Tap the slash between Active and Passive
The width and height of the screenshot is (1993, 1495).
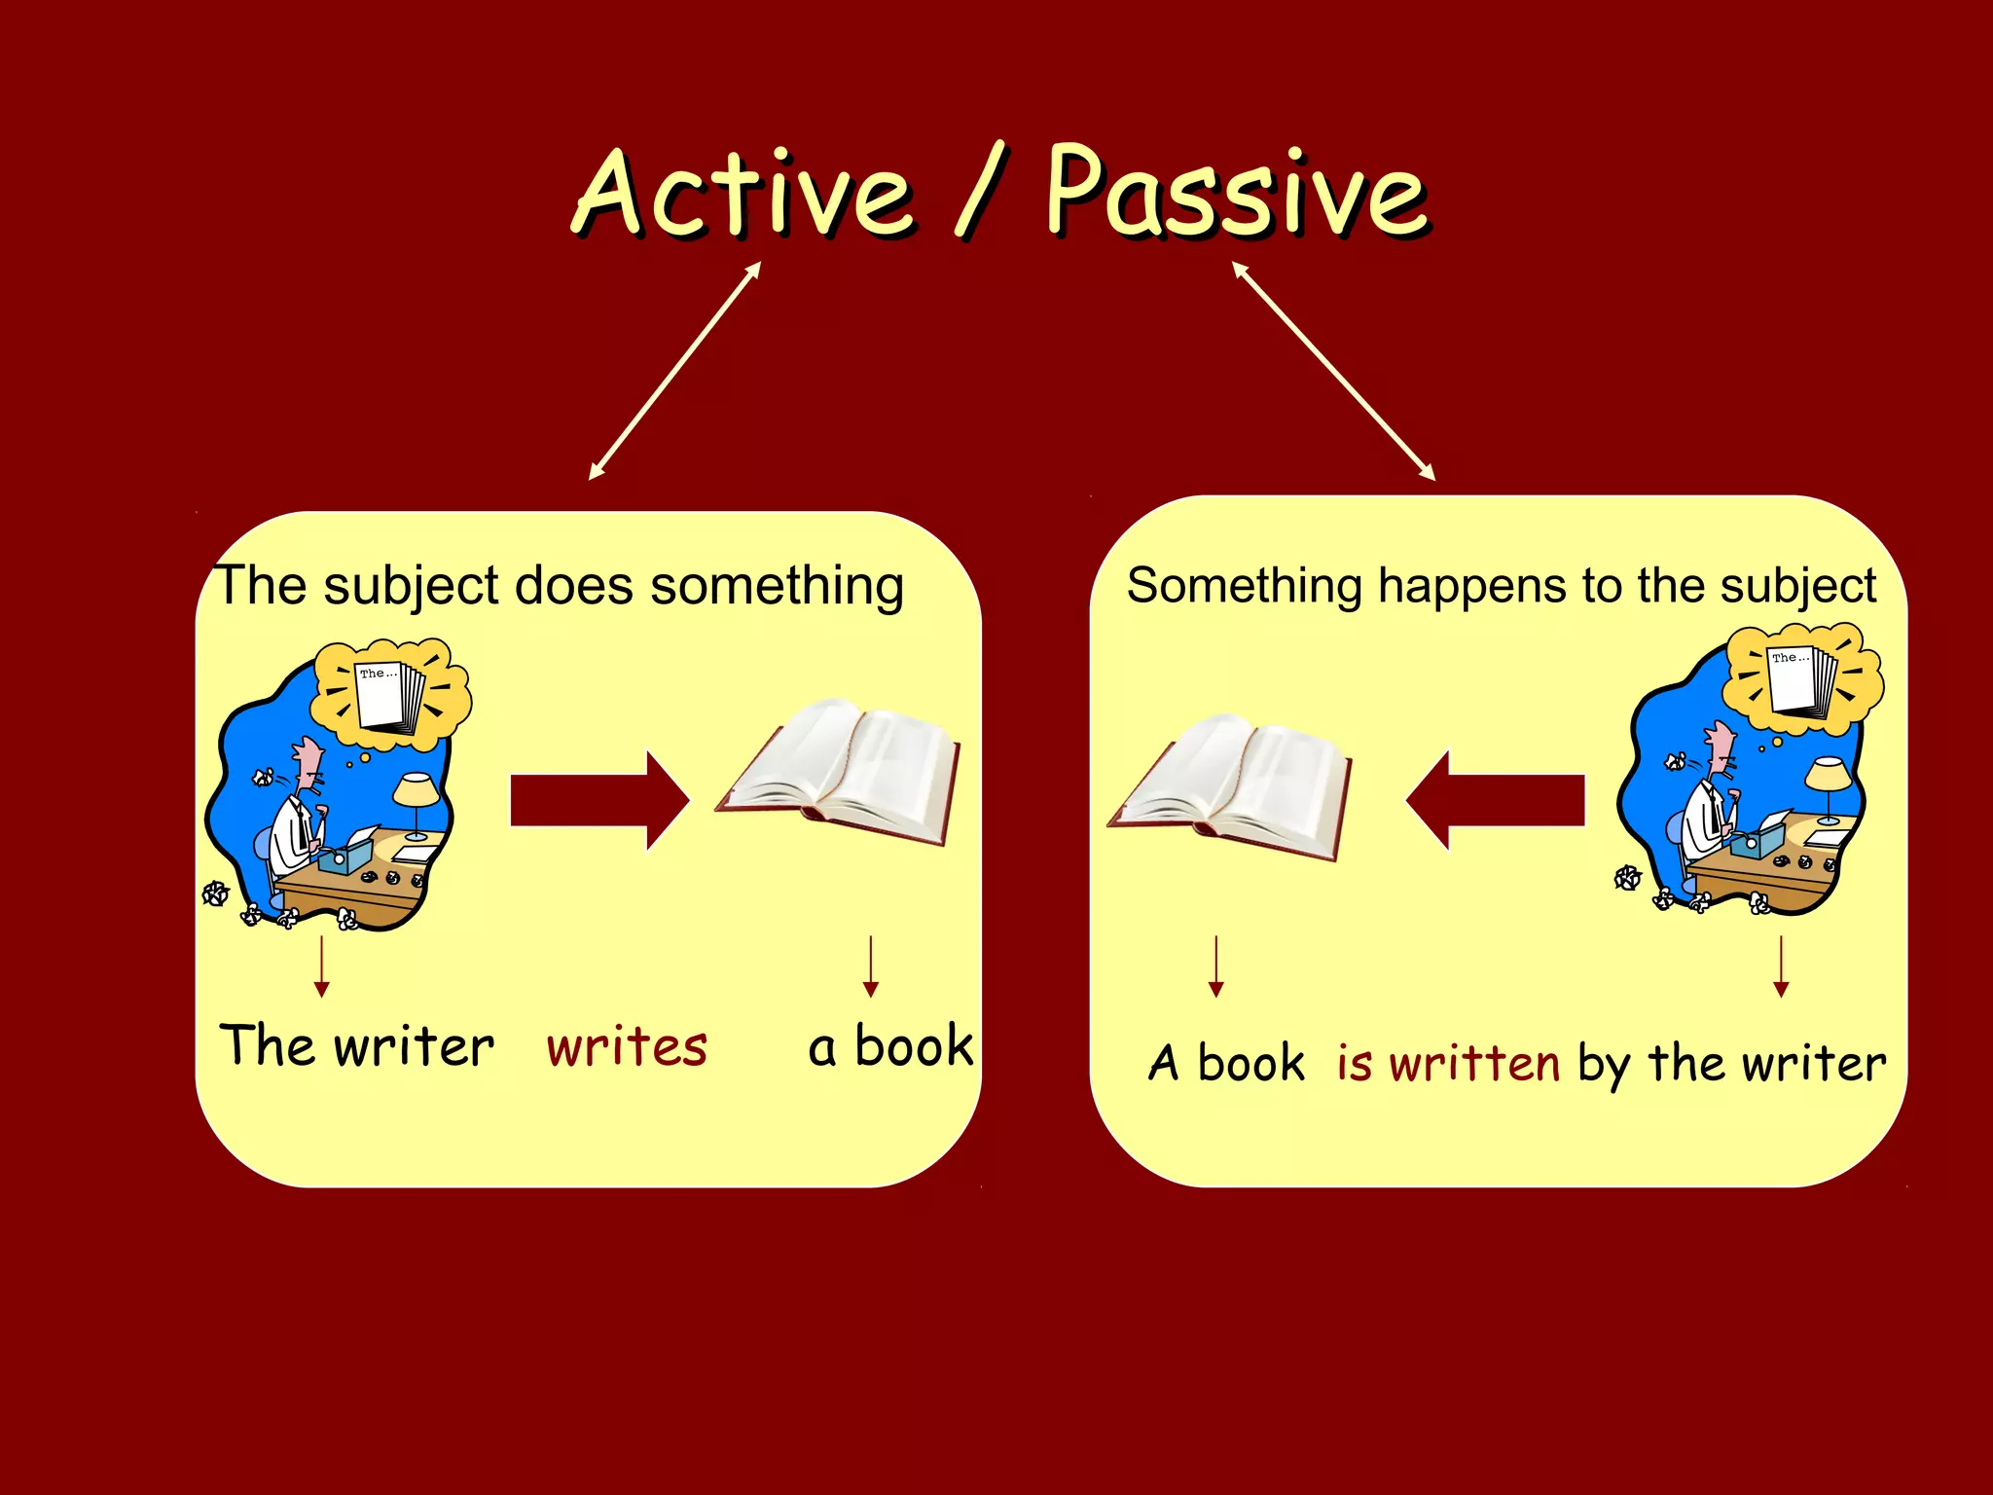[981, 190]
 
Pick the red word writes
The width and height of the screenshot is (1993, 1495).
[627, 1047]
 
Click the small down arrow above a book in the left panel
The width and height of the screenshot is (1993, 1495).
[871, 966]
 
